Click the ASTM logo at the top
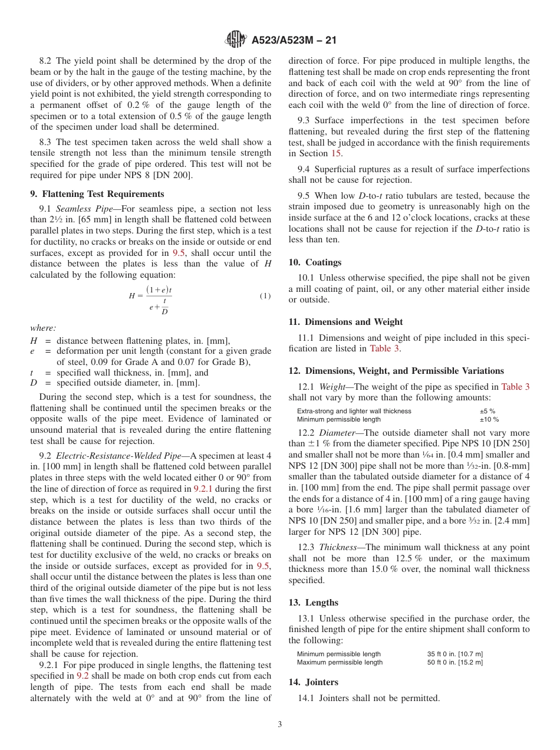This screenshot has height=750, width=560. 236,40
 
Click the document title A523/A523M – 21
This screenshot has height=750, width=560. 294,41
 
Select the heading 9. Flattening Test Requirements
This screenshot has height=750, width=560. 97,193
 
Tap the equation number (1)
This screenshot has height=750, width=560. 265,296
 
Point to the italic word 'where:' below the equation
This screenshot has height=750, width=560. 43,328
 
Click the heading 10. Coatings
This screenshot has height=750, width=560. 315,262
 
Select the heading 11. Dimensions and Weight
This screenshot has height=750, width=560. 345,321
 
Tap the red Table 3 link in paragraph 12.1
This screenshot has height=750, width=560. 515,387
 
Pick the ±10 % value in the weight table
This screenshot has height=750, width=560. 489,419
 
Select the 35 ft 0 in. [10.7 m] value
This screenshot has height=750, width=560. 455,654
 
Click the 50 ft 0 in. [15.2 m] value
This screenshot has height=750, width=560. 455,662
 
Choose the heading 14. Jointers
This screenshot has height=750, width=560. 313,682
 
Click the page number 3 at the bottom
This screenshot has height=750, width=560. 280,725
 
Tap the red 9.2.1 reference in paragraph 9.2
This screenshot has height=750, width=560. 204,488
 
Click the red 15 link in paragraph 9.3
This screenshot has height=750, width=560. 336,153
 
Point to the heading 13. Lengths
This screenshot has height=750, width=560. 313,602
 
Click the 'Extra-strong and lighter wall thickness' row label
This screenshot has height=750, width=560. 354,411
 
